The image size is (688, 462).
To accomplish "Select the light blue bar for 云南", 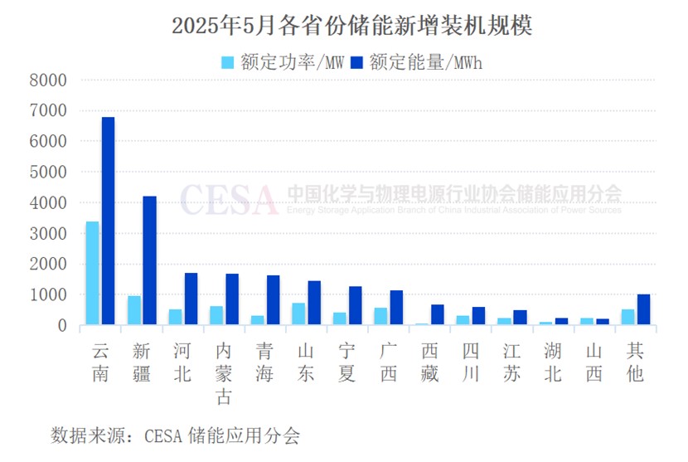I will click(92, 273).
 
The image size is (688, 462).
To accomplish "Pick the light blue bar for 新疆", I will click(133, 310).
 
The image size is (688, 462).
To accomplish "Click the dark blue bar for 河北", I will click(191, 299).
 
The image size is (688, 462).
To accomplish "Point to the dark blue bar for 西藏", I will click(437, 314).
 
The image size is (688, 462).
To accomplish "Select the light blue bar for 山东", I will click(298, 314).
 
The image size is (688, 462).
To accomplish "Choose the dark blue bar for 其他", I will click(643, 309).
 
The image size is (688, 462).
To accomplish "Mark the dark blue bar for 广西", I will click(396, 308).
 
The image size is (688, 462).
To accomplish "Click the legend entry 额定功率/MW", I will click(282, 62).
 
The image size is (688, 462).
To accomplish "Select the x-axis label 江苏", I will click(511, 362).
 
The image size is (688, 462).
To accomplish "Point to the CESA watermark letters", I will click(228, 199).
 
